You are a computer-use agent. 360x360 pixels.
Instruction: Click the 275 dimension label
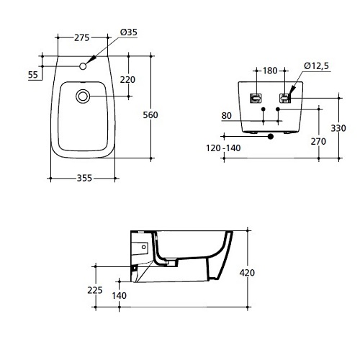pyautogui.click(x=81, y=37)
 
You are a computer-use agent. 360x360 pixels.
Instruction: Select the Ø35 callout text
pyautogui.click(x=129, y=32)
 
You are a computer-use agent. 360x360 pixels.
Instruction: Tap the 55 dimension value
pyautogui.click(x=33, y=75)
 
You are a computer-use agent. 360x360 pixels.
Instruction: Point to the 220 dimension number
pyautogui.click(x=127, y=79)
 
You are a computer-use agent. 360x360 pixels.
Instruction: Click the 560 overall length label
pyautogui.click(x=150, y=115)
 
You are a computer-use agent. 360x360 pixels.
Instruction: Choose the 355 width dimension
pyautogui.click(x=84, y=178)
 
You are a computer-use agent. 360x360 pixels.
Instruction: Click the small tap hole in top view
pyautogui.click(x=83, y=66)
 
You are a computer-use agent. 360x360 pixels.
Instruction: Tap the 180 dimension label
pyautogui.click(x=270, y=71)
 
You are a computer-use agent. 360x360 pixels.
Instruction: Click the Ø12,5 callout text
pyautogui.click(x=316, y=66)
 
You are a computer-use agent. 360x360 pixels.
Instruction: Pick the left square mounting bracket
pyautogui.click(x=256, y=98)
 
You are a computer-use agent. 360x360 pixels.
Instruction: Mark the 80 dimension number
pyautogui.click(x=227, y=116)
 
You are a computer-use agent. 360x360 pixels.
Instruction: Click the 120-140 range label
pyautogui.click(x=223, y=148)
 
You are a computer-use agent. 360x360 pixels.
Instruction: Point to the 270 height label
pyautogui.click(x=318, y=142)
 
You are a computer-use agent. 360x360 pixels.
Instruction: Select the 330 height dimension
pyautogui.click(x=338, y=128)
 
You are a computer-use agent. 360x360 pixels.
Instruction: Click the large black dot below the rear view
pyautogui.click(x=271, y=136)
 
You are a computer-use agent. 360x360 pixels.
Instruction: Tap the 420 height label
pyautogui.click(x=247, y=273)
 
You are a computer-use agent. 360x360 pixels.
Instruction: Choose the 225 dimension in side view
pyautogui.click(x=95, y=290)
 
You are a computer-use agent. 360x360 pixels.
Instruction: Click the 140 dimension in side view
pyautogui.click(x=120, y=295)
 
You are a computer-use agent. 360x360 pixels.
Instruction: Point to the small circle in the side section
pyautogui.click(x=144, y=247)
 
